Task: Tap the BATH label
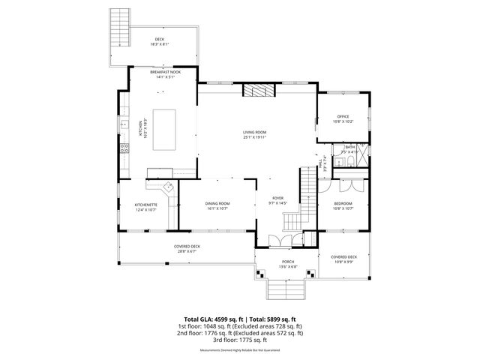(350, 148)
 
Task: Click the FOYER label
(278, 199)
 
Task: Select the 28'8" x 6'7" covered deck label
(186, 248)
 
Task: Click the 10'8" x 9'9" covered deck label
(343, 259)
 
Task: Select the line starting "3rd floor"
(240, 340)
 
